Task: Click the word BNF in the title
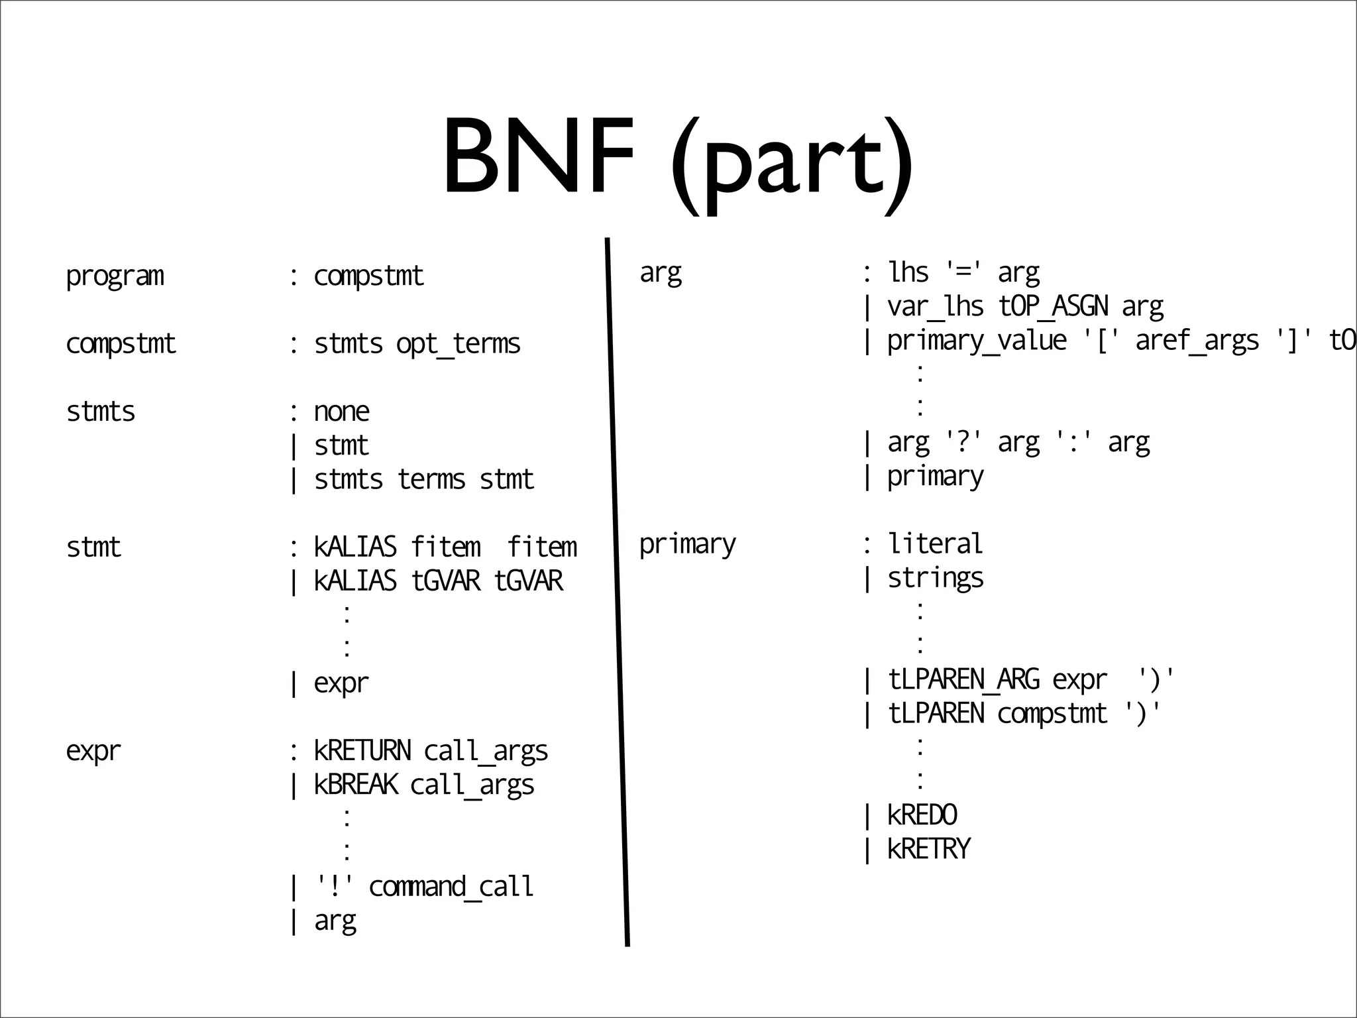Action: click(538, 158)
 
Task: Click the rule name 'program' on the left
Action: click(115, 276)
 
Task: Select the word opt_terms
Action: click(458, 344)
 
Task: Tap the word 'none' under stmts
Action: click(341, 412)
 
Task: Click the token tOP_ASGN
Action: click(1053, 307)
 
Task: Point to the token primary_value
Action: click(977, 341)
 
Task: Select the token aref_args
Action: click(1197, 341)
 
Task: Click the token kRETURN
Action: click(362, 751)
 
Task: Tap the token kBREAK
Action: click(356, 785)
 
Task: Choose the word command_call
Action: click(451, 887)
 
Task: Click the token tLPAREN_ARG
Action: click(963, 680)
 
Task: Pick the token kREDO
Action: click(922, 815)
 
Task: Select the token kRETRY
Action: click(928, 849)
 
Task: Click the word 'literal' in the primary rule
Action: click(935, 544)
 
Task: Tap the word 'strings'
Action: click(935, 579)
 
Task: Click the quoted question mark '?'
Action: click(963, 442)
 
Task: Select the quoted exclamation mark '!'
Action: click(334, 887)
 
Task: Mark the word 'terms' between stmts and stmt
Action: click(431, 480)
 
